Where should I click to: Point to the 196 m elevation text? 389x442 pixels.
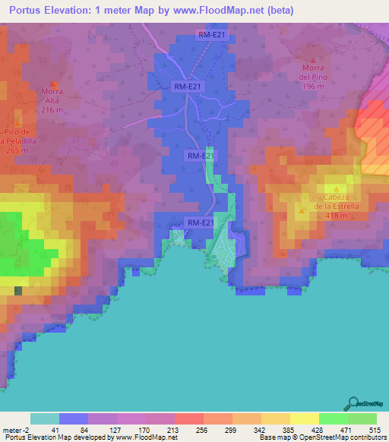(312, 86)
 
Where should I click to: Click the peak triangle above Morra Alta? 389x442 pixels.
(52, 84)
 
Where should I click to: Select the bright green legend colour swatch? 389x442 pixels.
(334, 418)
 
